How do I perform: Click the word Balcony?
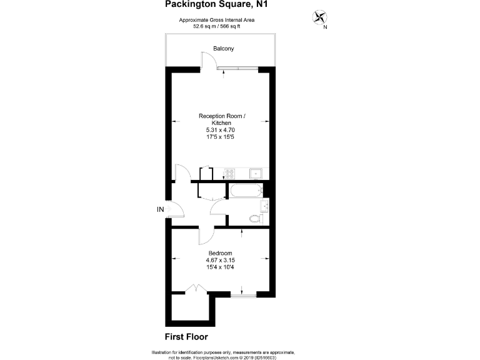click(223, 48)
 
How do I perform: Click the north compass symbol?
click(321, 18)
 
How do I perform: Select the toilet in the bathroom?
click(254, 219)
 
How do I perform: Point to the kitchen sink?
click(256, 174)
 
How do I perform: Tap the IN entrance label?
click(161, 209)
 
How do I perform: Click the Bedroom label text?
click(220, 253)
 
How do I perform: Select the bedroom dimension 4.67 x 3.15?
click(220, 260)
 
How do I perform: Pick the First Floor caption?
click(186, 336)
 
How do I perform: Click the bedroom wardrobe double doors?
click(196, 289)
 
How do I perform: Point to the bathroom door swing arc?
click(219, 207)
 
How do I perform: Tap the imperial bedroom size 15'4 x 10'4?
click(220, 267)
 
